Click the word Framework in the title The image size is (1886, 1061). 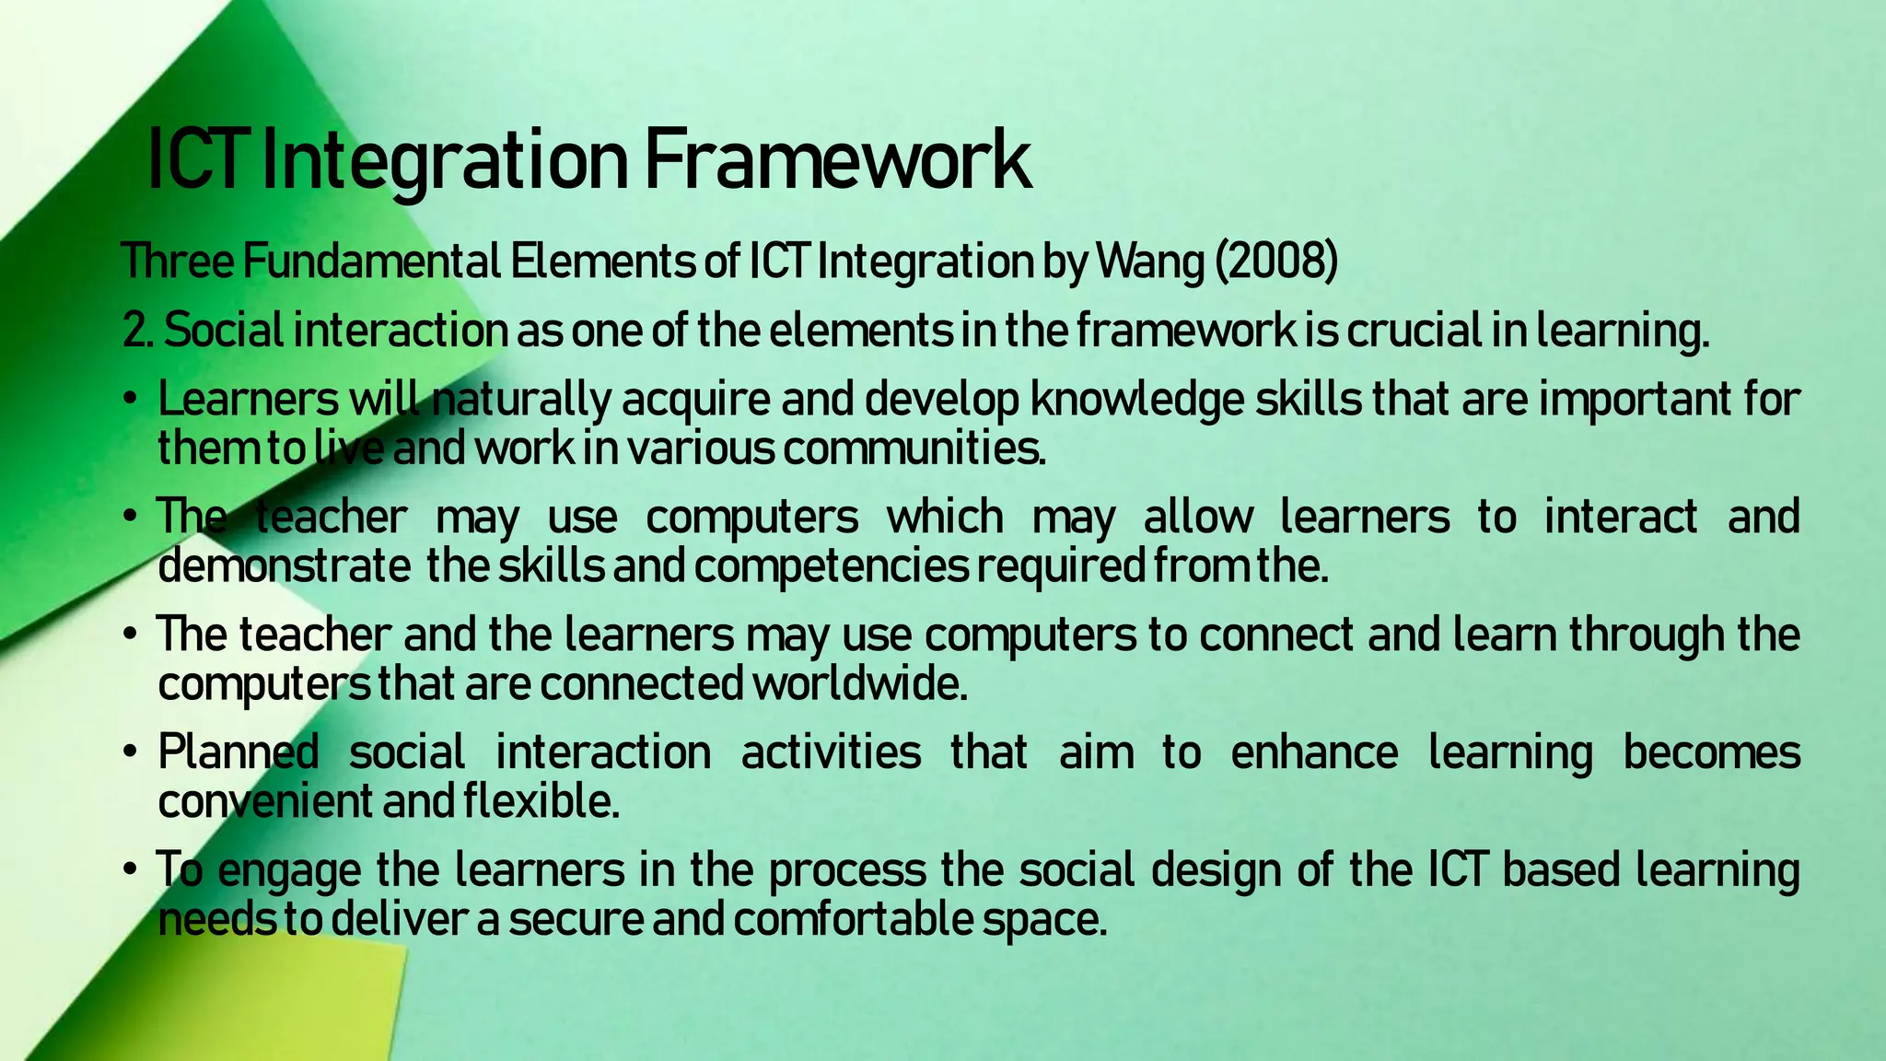click(x=836, y=161)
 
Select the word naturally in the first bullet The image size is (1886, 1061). click(x=521, y=401)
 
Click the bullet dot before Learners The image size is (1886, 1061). click(x=132, y=401)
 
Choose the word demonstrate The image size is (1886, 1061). click(x=285, y=566)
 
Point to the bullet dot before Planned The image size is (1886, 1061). click(x=132, y=753)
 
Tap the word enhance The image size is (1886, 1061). click(x=1314, y=753)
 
